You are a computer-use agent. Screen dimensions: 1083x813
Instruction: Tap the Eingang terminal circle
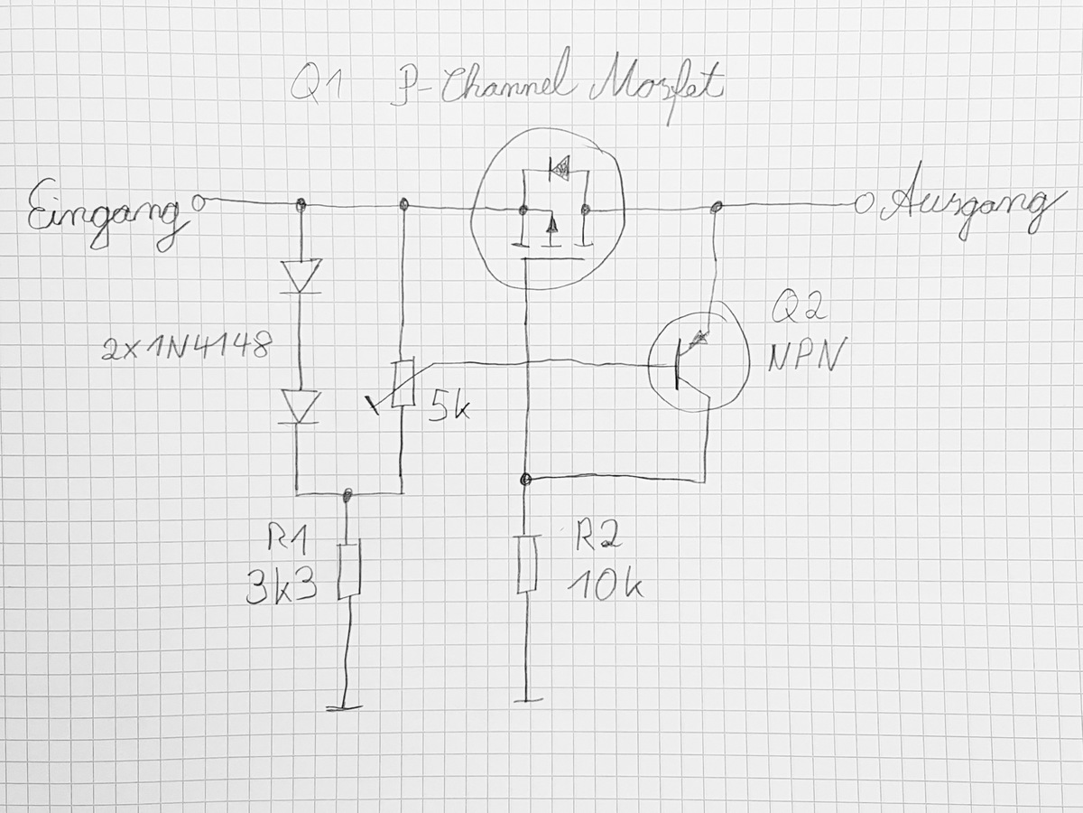(x=199, y=202)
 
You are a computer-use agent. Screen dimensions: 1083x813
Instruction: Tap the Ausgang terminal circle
(x=862, y=204)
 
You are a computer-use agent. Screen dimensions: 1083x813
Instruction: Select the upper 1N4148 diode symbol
(x=301, y=276)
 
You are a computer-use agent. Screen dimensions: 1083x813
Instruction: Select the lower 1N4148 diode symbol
(x=300, y=406)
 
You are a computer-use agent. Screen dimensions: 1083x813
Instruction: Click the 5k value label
(x=449, y=405)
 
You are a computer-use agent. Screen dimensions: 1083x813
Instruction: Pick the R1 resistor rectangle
(x=350, y=569)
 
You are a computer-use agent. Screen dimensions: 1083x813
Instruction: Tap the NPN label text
(x=804, y=355)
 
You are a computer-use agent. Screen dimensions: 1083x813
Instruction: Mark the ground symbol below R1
(x=345, y=708)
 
